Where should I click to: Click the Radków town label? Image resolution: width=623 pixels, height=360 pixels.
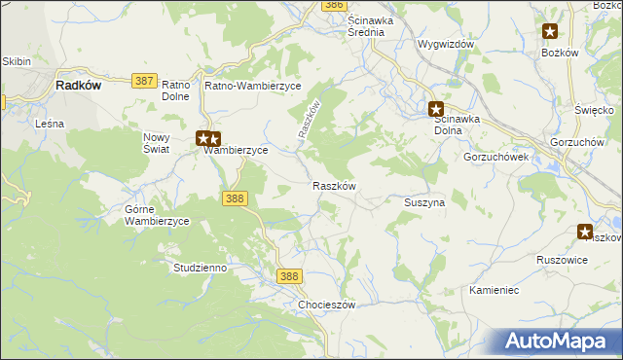click(x=79, y=86)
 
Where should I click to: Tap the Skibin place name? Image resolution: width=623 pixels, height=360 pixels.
click(x=16, y=61)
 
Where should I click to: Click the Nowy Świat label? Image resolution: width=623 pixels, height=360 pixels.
click(x=157, y=143)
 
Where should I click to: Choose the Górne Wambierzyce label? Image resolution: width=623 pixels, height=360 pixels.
click(x=157, y=215)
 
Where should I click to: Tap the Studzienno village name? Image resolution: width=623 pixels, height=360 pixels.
click(x=200, y=267)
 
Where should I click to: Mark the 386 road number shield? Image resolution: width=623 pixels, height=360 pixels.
click(x=334, y=5)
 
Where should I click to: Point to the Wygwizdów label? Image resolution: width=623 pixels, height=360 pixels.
click(x=445, y=45)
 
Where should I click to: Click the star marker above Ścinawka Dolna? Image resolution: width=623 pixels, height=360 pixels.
click(x=437, y=110)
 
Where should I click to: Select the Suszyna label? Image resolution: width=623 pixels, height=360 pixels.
click(x=424, y=202)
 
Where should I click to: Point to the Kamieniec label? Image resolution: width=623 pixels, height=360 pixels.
click(x=496, y=291)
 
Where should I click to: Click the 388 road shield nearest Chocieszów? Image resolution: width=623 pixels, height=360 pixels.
click(x=289, y=277)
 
